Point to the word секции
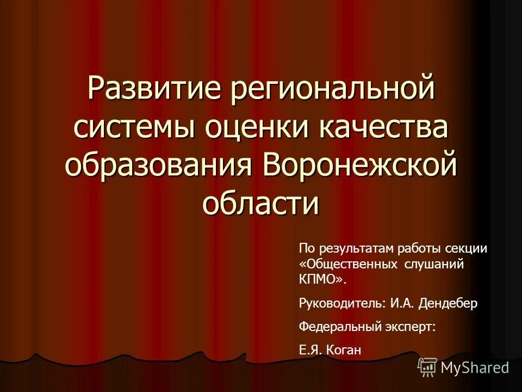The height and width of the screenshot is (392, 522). [x=467, y=248]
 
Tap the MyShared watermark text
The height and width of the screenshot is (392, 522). [x=475, y=367]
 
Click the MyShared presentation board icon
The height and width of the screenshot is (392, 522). [x=427, y=367]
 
